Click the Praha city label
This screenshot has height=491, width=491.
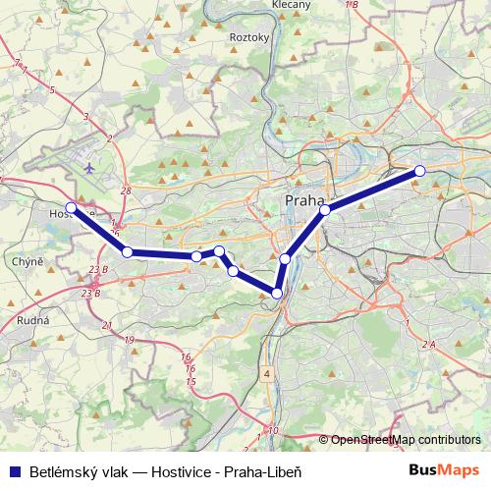point(303,200)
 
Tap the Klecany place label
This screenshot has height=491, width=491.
point(292,5)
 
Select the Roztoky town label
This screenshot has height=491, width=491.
point(248,37)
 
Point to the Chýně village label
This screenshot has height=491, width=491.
point(27,262)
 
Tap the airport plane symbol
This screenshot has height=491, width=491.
point(91,167)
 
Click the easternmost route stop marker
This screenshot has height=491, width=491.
point(419,171)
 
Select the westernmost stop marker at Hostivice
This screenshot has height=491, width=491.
point(71,207)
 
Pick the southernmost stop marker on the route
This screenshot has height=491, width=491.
point(277,294)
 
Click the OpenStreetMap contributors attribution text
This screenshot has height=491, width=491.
point(406,440)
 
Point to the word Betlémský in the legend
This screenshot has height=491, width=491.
point(57,470)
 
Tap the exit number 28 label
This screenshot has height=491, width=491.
point(125,191)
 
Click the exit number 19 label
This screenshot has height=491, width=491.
point(130,340)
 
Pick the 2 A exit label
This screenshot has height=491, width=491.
point(427,344)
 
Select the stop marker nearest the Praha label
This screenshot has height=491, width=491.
point(325,209)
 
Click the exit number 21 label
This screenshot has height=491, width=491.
point(107,325)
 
